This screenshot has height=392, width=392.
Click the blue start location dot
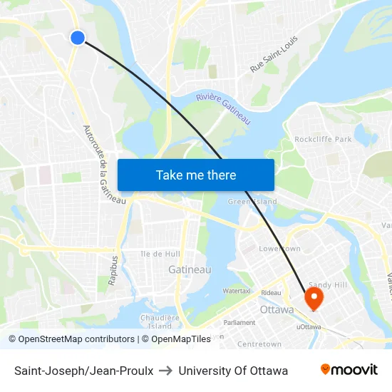coord(78,38)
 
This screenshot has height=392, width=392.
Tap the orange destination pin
coord(314,297)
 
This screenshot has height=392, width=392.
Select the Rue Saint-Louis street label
coord(274,53)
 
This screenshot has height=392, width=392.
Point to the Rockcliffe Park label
coord(323,139)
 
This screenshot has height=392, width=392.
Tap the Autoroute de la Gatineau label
coord(104,165)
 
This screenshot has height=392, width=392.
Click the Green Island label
coord(252,202)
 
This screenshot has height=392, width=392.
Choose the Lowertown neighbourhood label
coord(279,249)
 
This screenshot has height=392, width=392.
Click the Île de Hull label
coord(160,254)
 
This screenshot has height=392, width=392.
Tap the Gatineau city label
coord(190,269)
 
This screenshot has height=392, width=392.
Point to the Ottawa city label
coord(277,310)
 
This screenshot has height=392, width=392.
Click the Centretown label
coord(259,344)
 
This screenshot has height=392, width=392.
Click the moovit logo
coord(349,370)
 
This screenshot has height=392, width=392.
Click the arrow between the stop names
coord(165,371)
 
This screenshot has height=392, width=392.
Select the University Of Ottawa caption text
coord(233,371)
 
